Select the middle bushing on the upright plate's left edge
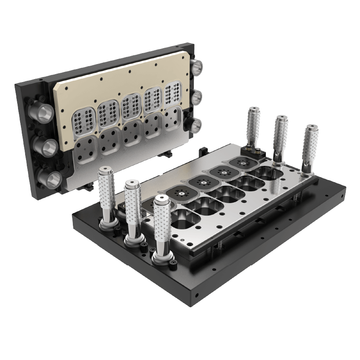[45, 146]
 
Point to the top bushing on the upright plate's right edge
[196, 67]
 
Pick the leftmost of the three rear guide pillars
[254, 126]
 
